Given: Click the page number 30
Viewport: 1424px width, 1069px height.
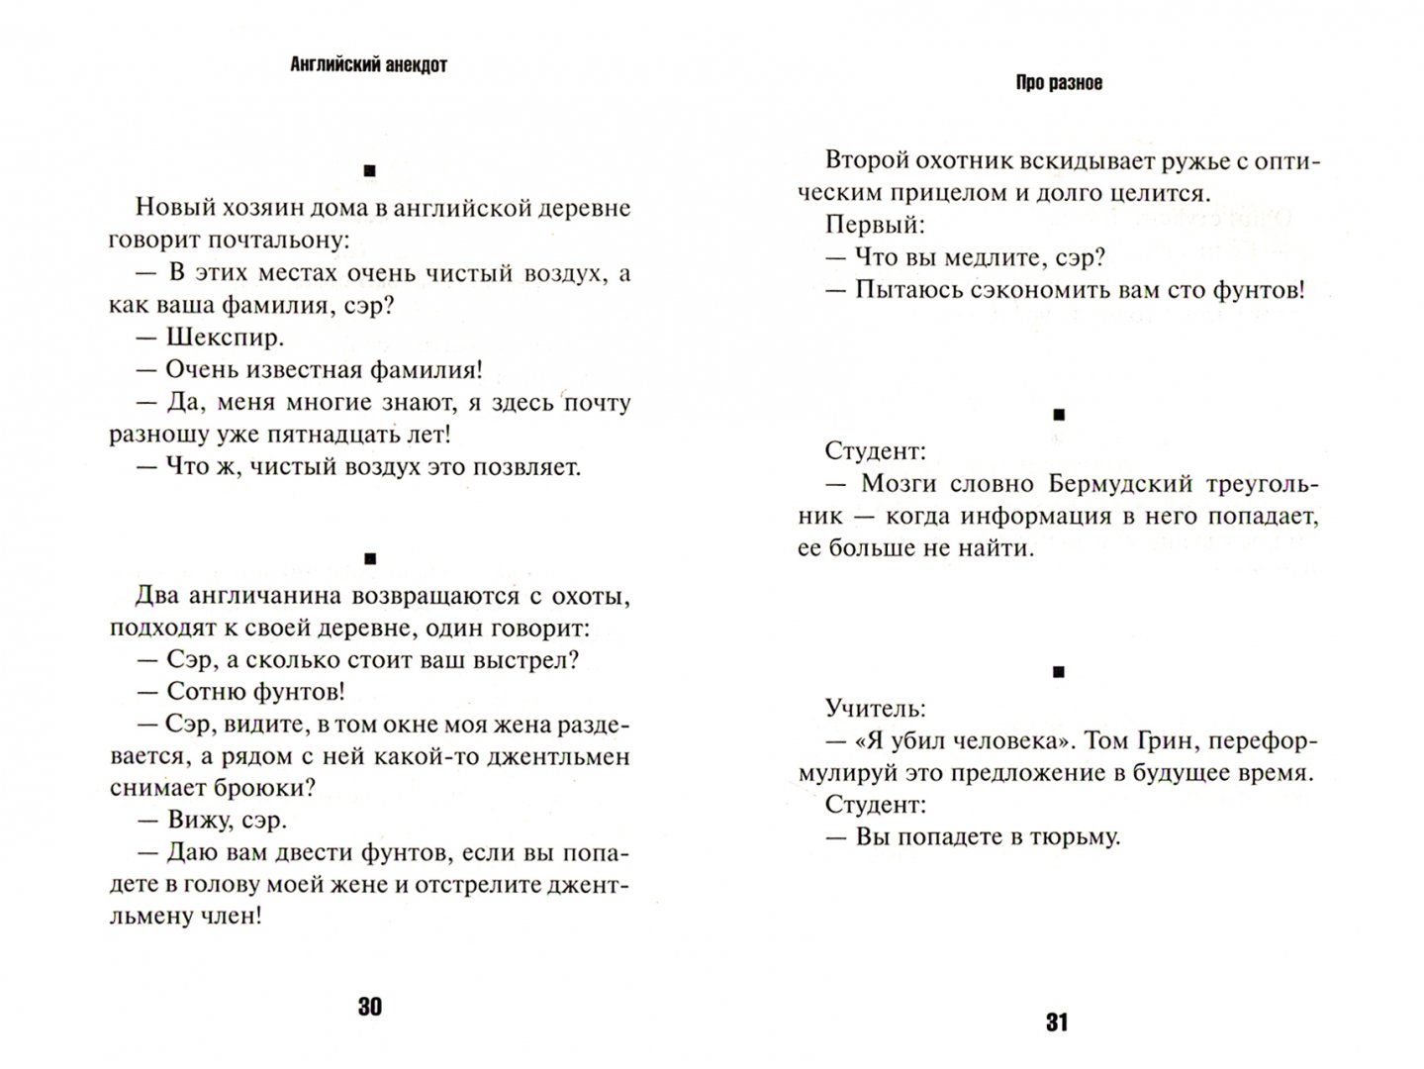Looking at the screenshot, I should click(368, 1008).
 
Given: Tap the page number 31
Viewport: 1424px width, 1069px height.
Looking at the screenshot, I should click(1057, 1023).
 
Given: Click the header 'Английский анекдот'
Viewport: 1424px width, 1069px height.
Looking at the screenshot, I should click(369, 65).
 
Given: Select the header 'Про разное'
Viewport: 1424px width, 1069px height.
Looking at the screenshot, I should click(1058, 83).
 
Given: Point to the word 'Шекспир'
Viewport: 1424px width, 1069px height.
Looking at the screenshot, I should click(225, 338).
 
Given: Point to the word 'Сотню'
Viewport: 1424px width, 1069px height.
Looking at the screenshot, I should click(201, 691).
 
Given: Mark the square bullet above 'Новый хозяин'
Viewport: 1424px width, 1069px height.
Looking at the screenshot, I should click(370, 172).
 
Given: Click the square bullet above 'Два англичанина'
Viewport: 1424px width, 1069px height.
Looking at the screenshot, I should click(370, 559).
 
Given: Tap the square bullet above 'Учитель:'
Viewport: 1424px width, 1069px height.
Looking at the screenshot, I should click(1058, 673).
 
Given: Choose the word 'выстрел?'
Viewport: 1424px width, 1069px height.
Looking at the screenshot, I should click(521, 659).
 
